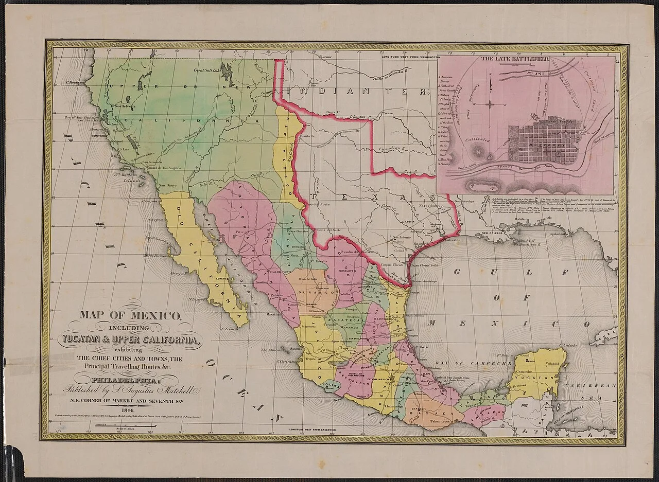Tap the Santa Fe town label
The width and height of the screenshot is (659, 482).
coord(307,136)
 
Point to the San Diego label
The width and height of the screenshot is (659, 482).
coord(167,185)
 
